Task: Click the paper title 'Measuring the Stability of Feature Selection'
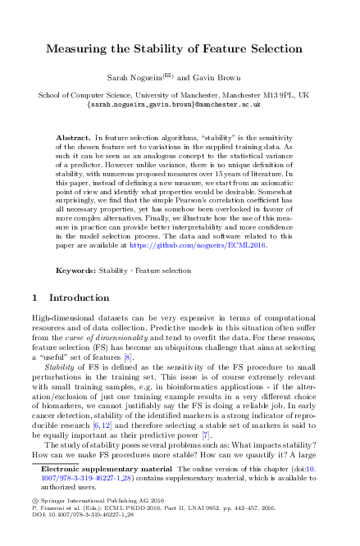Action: click(180, 50)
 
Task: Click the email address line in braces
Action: click(180, 105)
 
